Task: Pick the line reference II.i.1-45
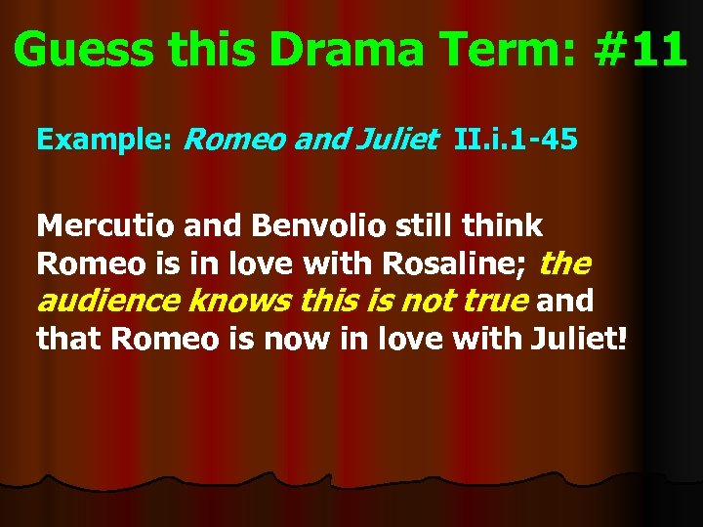[x=515, y=142]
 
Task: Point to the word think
[x=503, y=226]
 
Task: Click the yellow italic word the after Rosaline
[x=564, y=263]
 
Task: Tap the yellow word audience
[x=108, y=301]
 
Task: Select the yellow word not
[x=428, y=301]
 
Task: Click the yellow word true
[x=494, y=301]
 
